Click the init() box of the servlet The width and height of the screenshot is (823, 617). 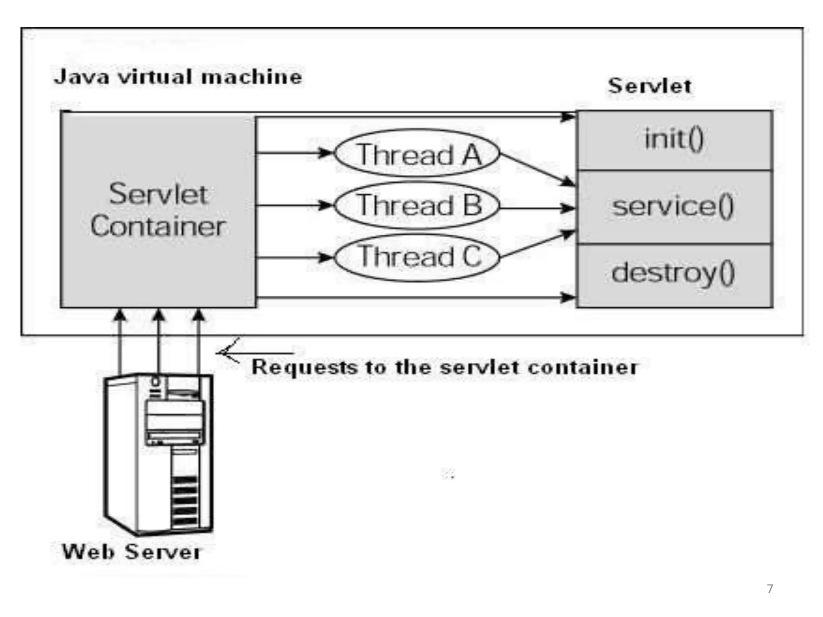[x=674, y=139]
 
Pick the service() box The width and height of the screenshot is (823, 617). [x=674, y=207]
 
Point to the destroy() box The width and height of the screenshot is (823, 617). [x=674, y=274]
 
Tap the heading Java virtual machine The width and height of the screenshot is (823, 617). [x=178, y=76]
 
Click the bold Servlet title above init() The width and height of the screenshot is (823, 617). [x=649, y=86]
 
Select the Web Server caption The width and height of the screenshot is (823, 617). [x=131, y=552]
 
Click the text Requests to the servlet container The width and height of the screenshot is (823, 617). [x=444, y=367]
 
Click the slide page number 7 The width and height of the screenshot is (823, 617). [x=770, y=588]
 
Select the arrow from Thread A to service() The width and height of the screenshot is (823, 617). [x=536, y=170]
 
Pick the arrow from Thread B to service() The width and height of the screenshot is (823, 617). [x=536, y=208]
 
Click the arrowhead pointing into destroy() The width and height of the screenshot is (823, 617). [x=567, y=297]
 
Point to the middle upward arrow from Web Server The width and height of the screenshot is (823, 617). [x=159, y=341]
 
